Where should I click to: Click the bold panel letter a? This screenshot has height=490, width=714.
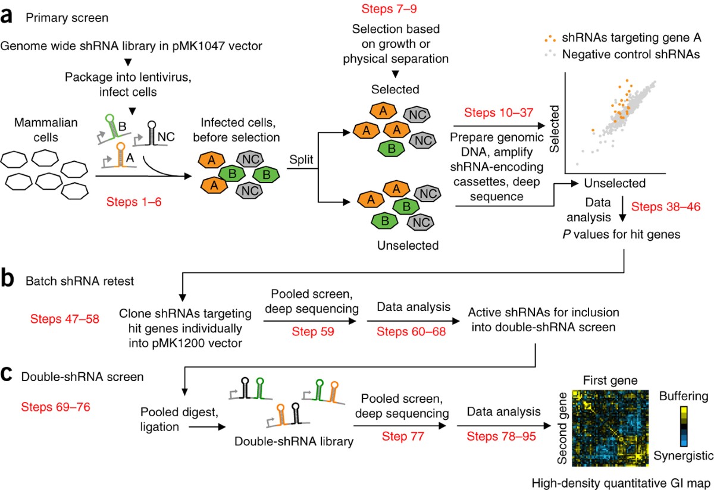[x=7, y=17]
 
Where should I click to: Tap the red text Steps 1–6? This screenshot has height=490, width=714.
[x=134, y=202]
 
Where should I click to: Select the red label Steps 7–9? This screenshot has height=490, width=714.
[x=389, y=8]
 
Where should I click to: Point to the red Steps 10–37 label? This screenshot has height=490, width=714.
[x=499, y=112]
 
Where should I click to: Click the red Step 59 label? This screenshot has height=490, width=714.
[x=313, y=332]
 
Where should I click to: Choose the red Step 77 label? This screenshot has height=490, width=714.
[x=403, y=436]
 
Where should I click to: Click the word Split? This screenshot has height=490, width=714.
[x=301, y=159]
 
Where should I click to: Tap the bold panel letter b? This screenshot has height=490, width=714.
[x=7, y=278]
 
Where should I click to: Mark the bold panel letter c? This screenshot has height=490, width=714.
[x=7, y=375]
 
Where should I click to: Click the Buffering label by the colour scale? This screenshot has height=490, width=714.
[x=684, y=396]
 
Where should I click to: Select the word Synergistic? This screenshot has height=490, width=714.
[x=684, y=456]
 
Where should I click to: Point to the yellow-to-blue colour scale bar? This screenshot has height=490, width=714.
[x=684, y=426]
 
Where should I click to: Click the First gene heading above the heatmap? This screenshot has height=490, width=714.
[x=610, y=381]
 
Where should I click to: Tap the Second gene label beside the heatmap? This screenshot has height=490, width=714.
[x=562, y=428]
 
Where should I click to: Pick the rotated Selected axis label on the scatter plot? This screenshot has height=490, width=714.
[x=555, y=128]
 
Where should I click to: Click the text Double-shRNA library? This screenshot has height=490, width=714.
[x=294, y=442]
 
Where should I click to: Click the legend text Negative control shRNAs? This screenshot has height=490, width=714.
[x=631, y=55]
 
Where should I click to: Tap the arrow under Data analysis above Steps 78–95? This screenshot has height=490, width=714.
[x=504, y=426]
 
